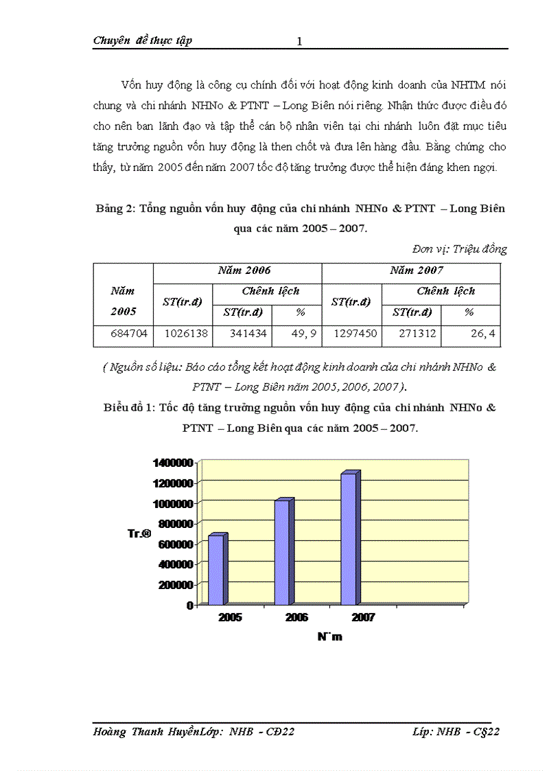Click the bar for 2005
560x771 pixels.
[216, 569]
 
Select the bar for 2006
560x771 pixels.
[283, 552]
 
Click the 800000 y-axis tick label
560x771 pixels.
[174, 524]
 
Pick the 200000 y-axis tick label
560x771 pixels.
[174, 584]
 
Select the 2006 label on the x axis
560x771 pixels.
[296, 618]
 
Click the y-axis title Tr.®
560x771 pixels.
[139, 533]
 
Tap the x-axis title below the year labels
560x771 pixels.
[329, 636]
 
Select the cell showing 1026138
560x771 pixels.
[183, 336]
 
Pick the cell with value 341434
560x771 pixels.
[242, 336]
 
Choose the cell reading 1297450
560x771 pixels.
[351, 336]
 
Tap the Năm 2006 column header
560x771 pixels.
[244, 271]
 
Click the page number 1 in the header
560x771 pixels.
[299, 42]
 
